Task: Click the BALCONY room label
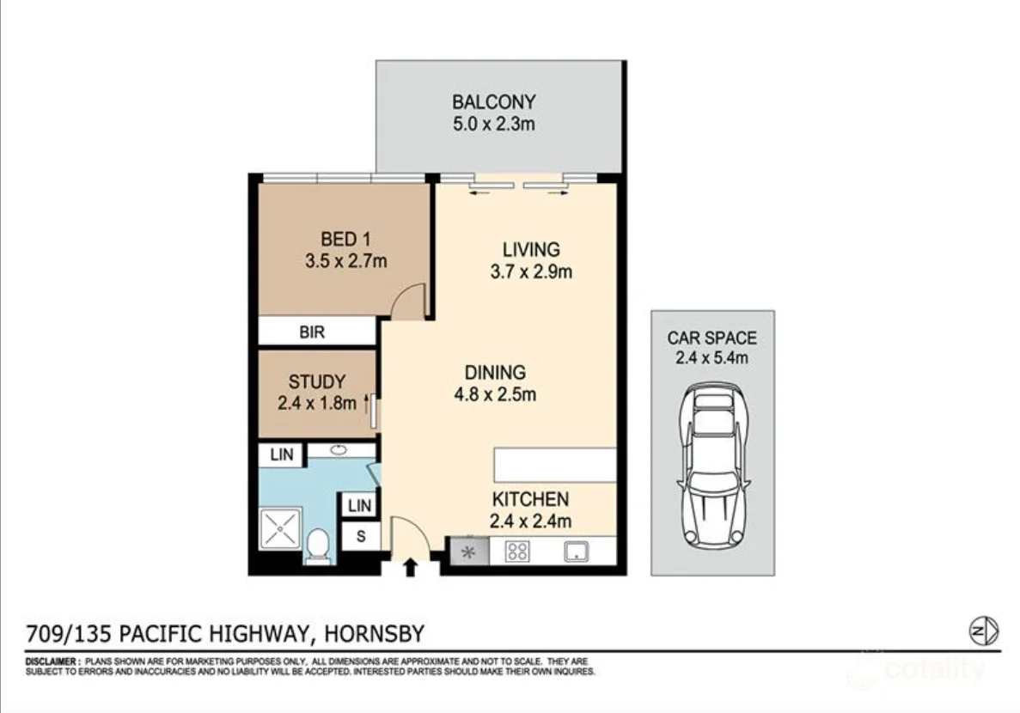click(493, 102)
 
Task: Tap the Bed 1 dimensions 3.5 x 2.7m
click(345, 261)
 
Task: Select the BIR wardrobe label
click(312, 332)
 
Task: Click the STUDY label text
click(316, 382)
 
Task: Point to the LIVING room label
click(530, 250)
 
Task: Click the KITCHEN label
click(530, 499)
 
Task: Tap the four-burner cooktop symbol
click(517, 552)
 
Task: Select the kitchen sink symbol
click(574, 552)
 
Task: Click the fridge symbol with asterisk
click(469, 552)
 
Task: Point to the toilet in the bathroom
click(318, 545)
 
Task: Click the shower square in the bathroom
click(281, 528)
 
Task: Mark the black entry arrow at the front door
click(410, 566)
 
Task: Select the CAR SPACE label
click(712, 338)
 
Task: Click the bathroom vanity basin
click(338, 450)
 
